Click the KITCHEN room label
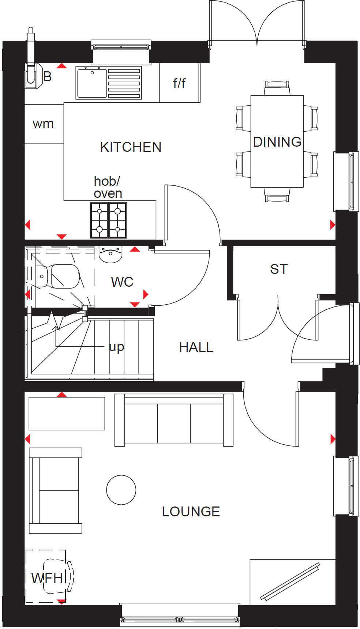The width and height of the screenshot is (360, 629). tap(131, 147)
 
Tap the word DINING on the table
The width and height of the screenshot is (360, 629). tap(277, 142)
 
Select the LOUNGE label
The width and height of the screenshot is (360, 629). tap(191, 512)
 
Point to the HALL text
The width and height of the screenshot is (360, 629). tap(196, 347)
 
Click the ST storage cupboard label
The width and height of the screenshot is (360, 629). tap(279, 269)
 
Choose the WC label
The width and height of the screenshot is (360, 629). tap(122, 282)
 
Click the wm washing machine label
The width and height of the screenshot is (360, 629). tap(43, 124)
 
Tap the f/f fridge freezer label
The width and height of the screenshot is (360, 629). tap(179, 83)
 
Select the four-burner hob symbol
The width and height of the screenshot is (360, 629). tap(108, 220)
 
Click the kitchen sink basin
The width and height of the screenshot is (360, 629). tap(92, 83)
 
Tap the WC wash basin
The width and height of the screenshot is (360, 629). tap(110, 254)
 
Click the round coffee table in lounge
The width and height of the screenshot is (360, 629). tap(121, 490)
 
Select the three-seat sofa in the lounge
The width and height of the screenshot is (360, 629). tap(174, 421)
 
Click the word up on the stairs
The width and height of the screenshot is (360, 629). tap(116, 347)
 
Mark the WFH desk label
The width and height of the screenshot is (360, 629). tap(47, 578)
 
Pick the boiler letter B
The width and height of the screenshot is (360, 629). tap(48, 77)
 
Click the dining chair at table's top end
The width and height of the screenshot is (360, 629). tap(277, 88)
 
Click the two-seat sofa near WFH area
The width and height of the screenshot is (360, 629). tap(56, 490)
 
